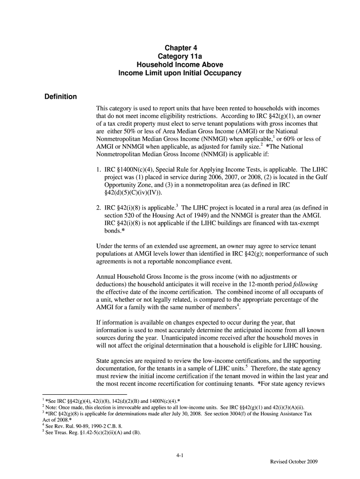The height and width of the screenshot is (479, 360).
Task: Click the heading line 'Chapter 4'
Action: coord(180,48)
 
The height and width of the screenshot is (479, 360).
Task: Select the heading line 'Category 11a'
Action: coord(180,56)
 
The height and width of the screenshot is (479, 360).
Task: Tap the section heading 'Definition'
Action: coord(60,97)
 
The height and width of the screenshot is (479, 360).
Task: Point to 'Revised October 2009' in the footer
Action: coord(294,462)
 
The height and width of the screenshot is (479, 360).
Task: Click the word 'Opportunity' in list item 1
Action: coord(121,184)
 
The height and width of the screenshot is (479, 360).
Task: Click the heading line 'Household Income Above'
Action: coord(180,65)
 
